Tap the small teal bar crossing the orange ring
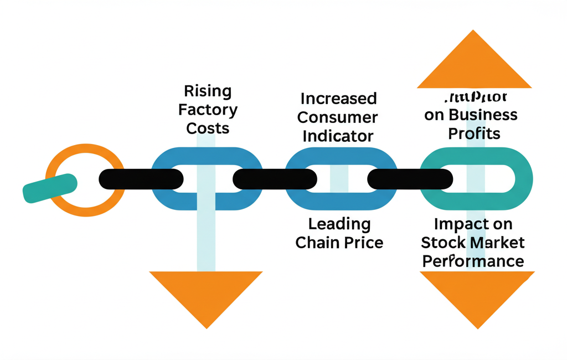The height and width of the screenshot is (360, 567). coord(49,188)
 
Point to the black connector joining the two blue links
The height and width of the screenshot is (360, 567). coord(275,179)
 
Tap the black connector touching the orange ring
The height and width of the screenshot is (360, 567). coord(141,179)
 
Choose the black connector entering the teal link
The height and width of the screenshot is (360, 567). coord(410,179)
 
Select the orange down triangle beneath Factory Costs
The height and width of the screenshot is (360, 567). coord(206,294)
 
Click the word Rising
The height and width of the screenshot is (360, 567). coord(208,91)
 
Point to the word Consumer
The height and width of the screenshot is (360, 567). coord(338,117)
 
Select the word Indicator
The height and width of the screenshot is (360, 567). coord(338,136)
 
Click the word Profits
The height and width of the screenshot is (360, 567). coord(474,133)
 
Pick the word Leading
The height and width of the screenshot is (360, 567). coord(339,224)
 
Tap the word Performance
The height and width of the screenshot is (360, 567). coord(473,261)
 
